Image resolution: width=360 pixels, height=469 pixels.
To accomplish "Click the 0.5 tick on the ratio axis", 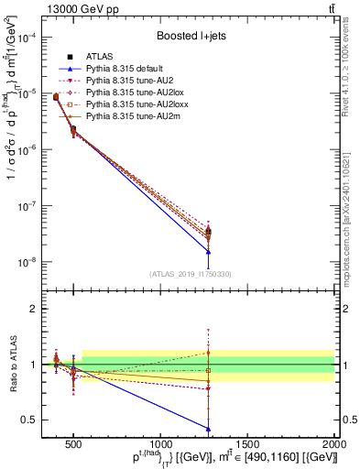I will click(x=43, y=420).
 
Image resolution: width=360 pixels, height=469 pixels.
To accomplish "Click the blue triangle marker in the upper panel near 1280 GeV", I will click(x=208, y=252).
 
